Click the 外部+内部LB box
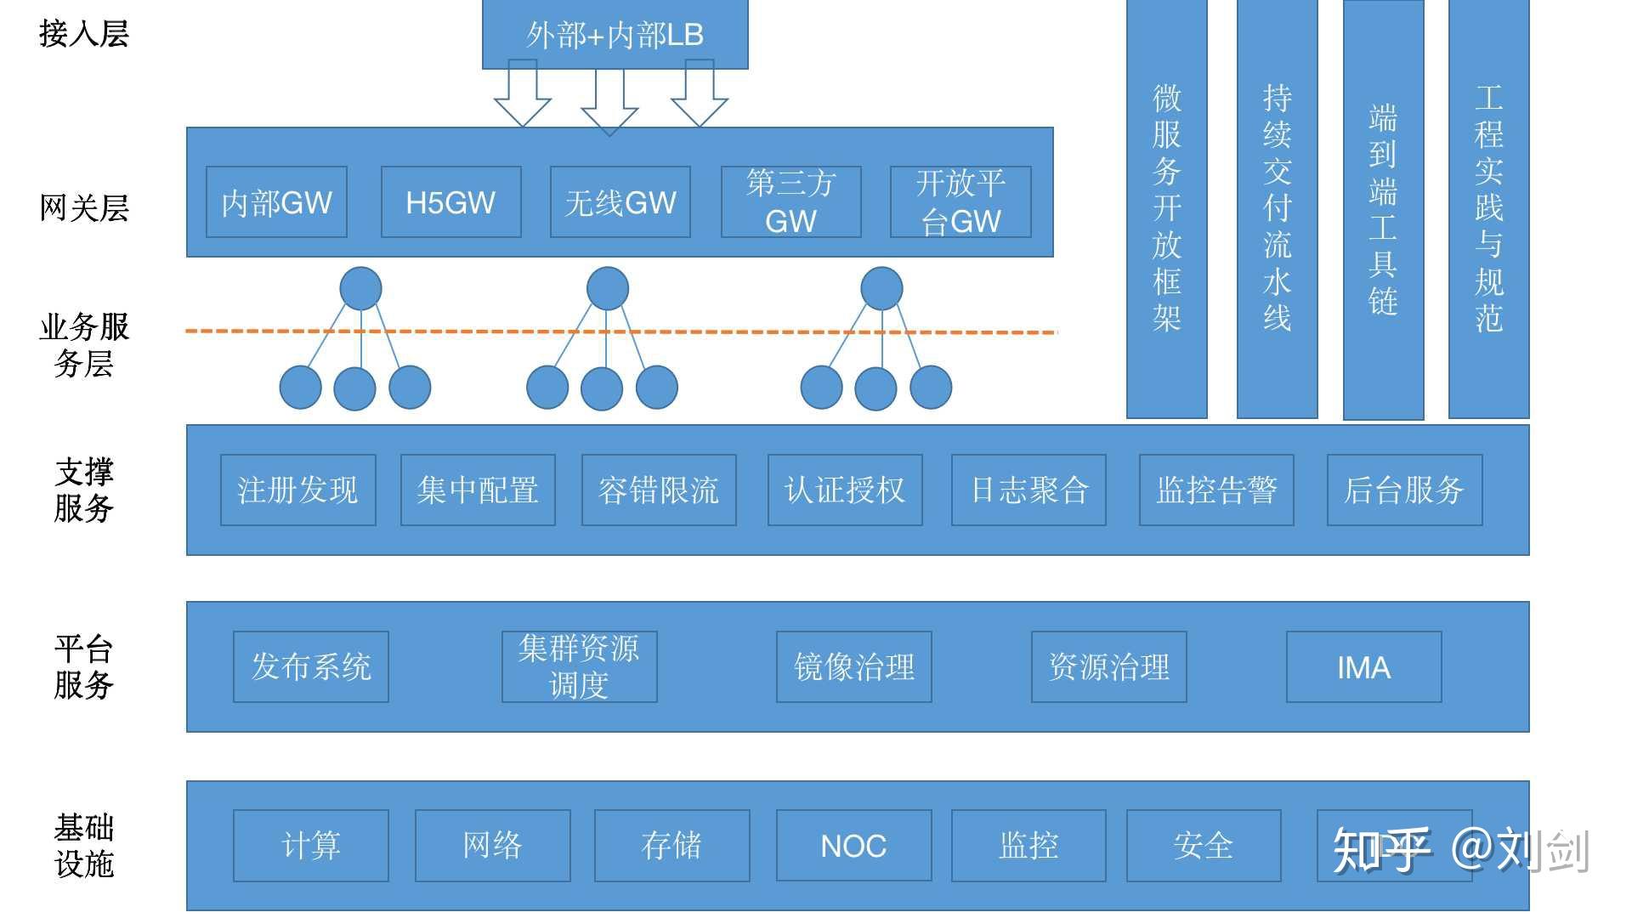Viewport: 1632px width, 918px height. [615, 34]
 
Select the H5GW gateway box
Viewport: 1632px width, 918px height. [450, 202]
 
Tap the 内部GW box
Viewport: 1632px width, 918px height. [276, 202]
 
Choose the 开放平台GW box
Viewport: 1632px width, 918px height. [960, 202]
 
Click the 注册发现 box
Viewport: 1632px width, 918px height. [297, 490]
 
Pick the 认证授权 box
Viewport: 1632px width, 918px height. [845, 490]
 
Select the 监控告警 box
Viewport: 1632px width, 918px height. [1216, 490]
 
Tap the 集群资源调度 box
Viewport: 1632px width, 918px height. [579, 666]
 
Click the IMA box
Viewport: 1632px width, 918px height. [1363, 666]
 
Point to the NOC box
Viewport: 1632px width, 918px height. [853, 845]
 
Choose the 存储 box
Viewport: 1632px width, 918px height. [671, 845]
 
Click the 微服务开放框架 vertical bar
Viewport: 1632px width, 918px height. [1166, 208]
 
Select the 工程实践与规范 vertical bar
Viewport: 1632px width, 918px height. [1488, 208]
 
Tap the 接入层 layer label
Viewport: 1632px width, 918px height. [83, 34]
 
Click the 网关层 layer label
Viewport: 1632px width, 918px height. [83, 207]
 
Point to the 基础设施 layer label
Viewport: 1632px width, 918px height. [83, 845]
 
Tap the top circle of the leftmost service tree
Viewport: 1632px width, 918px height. [360, 288]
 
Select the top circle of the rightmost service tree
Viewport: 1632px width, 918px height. [881, 288]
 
